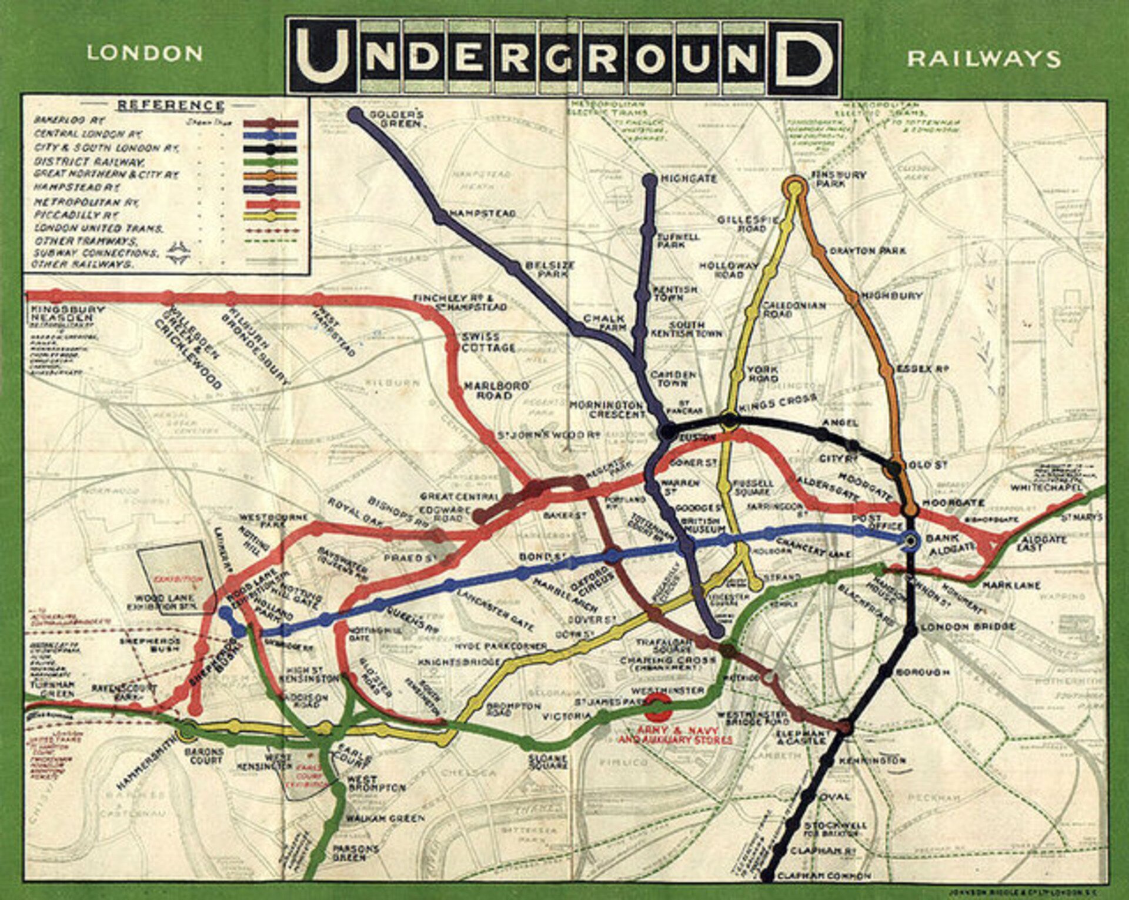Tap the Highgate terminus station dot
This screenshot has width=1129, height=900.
pyautogui.click(x=650, y=179)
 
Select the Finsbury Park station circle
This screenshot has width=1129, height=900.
pyautogui.click(x=794, y=188)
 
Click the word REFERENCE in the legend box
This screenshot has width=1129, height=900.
pyautogui.click(x=171, y=106)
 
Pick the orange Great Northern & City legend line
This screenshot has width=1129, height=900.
pyautogui.click(x=271, y=175)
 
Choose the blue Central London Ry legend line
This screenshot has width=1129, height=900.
pyautogui.click(x=271, y=135)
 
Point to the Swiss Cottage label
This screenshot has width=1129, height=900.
pyautogui.click(x=489, y=342)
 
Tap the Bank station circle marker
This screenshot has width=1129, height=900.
pyautogui.click(x=911, y=540)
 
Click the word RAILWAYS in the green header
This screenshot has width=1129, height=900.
pyautogui.click(x=984, y=58)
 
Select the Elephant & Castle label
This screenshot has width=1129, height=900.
pyautogui.click(x=802, y=738)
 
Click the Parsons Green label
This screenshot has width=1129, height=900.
pyautogui.click(x=355, y=854)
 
